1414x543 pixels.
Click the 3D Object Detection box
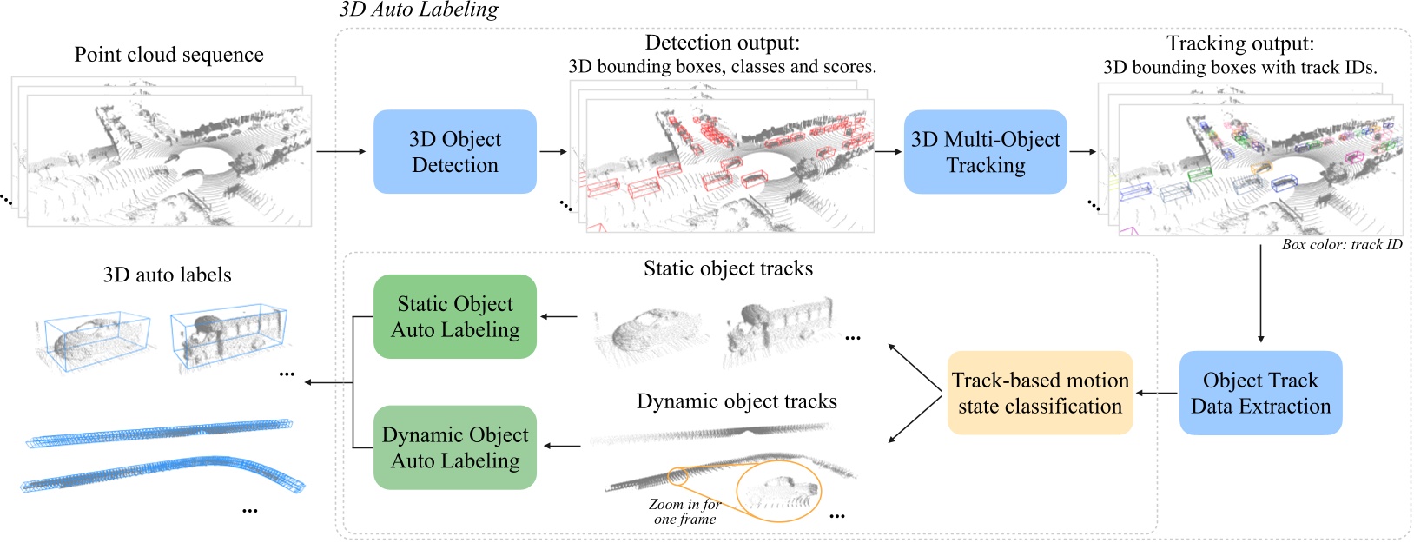(x=454, y=152)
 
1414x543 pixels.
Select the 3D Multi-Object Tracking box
(x=985, y=152)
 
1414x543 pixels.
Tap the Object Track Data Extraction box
(x=1260, y=393)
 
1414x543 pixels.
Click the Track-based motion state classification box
(x=1040, y=393)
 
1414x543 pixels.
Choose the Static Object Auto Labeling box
(x=454, y=316)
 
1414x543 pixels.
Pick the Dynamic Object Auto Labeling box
(x=454, y=447)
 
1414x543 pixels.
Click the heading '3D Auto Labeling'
(x=419, y=10)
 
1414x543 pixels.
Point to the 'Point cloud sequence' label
(x=168, y=55)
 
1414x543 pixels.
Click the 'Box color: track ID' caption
(x=1341, y=245)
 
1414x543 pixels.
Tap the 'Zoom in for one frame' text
(x=684, y=512)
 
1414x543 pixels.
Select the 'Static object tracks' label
(x=728, y=269)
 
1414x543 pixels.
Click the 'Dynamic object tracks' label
(x=737, y=401)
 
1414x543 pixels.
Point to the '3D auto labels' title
(x=167, y=275)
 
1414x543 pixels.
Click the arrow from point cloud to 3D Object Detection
(x=340, y=152)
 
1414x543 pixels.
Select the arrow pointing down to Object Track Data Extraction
(x=1260, y=295)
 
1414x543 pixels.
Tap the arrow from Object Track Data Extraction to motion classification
(x=1156, y=394)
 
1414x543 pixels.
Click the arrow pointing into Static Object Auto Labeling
(x=560, y=316)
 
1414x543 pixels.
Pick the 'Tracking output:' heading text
(x=1239, y=43)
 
